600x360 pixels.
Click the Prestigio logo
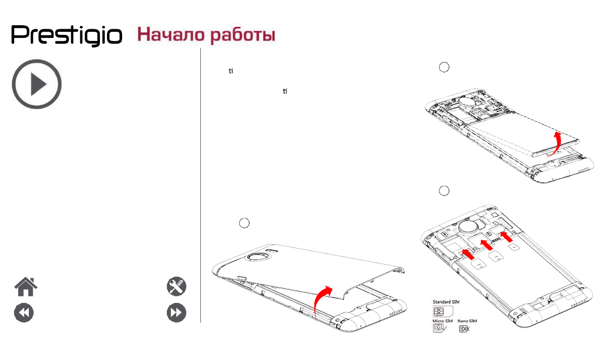click(x=67, y=35)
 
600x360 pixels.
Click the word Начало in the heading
click(x=166, y=35)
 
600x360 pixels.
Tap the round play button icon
click(x=37, y=84)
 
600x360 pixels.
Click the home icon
click(x=25, y=287)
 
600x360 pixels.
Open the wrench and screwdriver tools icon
click(x=177, y=287)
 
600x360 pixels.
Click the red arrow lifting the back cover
click(x=321, y=300)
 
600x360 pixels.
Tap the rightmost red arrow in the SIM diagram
click(x=505, y=236)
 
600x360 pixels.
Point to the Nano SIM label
click(x=467, y=321)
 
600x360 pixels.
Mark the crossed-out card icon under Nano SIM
click(x=464, y=329)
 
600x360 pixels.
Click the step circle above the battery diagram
click(x=443, y=67)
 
